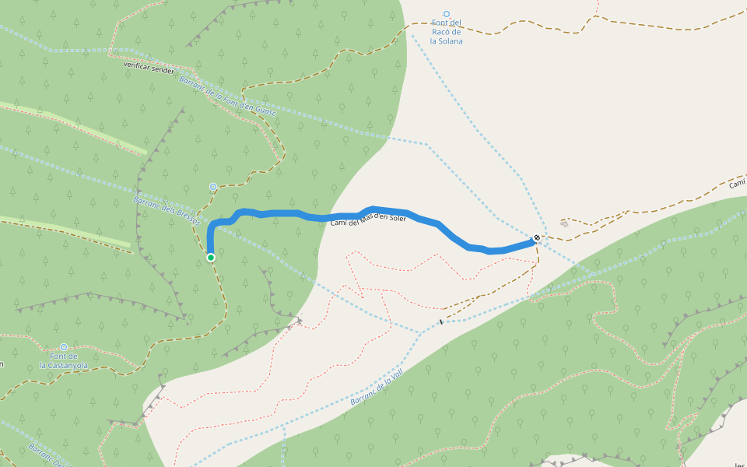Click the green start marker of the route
tap(211, 257)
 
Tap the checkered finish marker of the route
tap(537, 237)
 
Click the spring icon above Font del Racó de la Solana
tap(447, 14)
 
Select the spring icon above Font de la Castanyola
tap(64, 347)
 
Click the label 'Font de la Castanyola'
tap(64, 360)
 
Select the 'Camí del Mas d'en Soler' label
tap(368, 220)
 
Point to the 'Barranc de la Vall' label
tap(377, 388)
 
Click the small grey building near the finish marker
tap(564, 223)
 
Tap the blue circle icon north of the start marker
tap(213, 187)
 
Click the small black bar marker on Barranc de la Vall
tap(441, 321)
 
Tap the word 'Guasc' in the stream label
tap(265, 114)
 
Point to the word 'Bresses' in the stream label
tap(186, 215)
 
